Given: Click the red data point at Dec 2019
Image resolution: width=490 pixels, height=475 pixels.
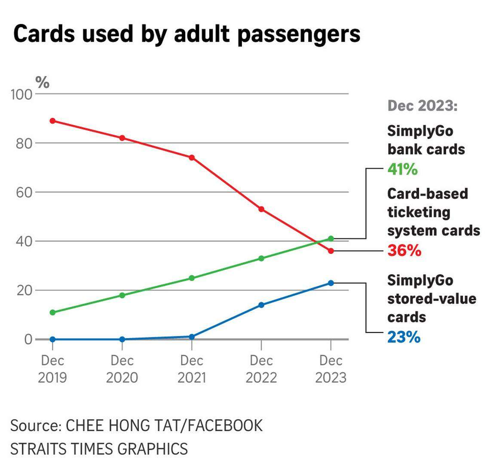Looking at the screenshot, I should (x=52, y=121).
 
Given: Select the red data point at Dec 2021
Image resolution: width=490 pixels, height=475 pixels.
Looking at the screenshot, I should (x=192, y=157).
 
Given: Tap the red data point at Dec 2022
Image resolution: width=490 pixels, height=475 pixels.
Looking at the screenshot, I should (x=261, y=209).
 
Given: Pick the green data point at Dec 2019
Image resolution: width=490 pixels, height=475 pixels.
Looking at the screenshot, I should (x=52, y=312).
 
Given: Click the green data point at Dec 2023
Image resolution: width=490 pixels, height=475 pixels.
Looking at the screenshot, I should (x=331, y=238).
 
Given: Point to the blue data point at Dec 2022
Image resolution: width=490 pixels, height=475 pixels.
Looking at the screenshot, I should (x=261, y=305).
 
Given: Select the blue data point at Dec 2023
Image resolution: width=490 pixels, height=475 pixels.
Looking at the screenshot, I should (x=331, y=283).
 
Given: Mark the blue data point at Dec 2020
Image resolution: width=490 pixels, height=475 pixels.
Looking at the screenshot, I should (x=122, y=339).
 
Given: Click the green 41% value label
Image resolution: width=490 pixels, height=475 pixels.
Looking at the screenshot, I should (x=402, y=170).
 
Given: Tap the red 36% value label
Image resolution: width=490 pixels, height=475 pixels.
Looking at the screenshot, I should (x=404, y=250).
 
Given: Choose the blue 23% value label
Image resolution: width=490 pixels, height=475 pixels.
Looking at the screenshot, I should (x=404, y=337).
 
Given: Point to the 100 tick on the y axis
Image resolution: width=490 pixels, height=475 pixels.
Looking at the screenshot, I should (x=21, y=94).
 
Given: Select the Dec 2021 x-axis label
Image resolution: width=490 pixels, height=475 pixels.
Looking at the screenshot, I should (x=192, y=369).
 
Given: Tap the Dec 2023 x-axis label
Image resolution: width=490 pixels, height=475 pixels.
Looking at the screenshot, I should (x=331, y=369).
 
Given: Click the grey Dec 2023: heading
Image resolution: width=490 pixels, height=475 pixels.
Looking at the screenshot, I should (x=423, y=105).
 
